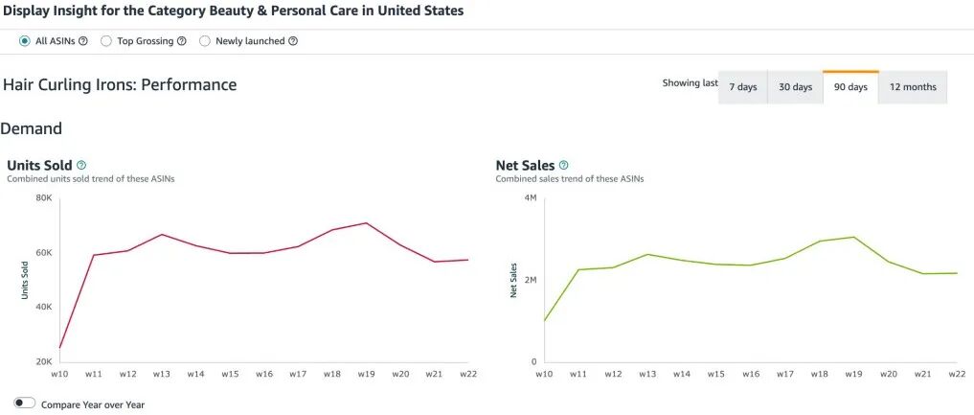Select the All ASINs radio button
coord(24,41)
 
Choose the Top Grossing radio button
coord(106,41)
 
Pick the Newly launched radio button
coord(204,41)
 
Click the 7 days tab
coord(743,87)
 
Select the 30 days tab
coord(795,87)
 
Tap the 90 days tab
coord(850,87)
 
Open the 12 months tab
coord(913,87)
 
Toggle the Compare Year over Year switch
coord(25,403)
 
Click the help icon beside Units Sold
coord(80,165)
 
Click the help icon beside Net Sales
coord(563,165)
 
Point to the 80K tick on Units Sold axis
coord(43,198)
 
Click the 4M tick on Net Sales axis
coord(531,198)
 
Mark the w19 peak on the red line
coord(367,223)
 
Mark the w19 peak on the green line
coord(854,237)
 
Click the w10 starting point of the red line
coord(59,348)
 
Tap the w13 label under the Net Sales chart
coord(647,374)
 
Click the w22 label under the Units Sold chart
coord(467,374)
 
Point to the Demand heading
coord(31,128)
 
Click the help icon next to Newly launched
coord(293,41)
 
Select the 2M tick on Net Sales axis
coord(531,280)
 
